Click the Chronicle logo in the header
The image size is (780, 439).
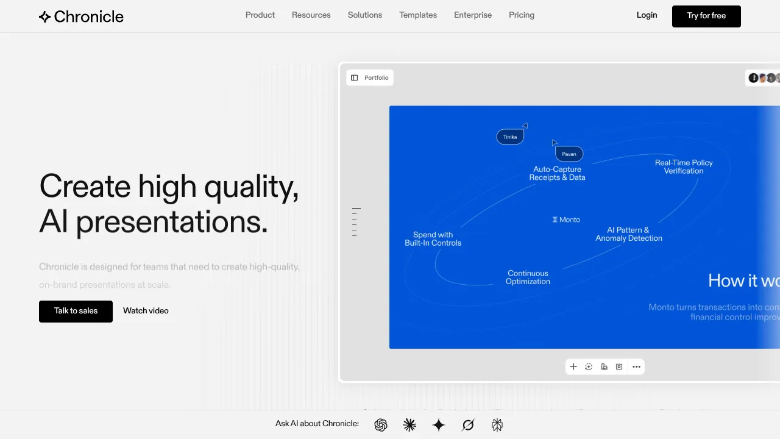pos(81,16)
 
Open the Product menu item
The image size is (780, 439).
pos(260,15)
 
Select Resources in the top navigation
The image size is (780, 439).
pos(311,15)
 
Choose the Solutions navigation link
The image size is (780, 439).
pos(365,15)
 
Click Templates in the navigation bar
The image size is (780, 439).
pos(418,15)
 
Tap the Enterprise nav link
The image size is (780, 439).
pos(473,15)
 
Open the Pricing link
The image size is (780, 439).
pos(522,15)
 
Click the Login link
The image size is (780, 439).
pos(647,15)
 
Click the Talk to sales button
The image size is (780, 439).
pos(76,311)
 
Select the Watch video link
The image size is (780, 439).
pos(146,311)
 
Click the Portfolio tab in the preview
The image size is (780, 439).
pos(370,78)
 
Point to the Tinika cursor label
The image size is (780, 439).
pos(510,137)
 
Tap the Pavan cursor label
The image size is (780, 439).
pos(569,154)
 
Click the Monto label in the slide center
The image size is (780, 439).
pos(566,220)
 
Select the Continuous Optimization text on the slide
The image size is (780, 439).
pos(528,277)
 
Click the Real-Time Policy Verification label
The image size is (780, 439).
pos(683,167)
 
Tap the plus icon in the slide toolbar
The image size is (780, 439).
pos(573,367)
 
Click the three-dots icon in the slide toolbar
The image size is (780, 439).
pos(636,367)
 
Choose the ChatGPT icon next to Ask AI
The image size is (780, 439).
pos(381,425)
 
